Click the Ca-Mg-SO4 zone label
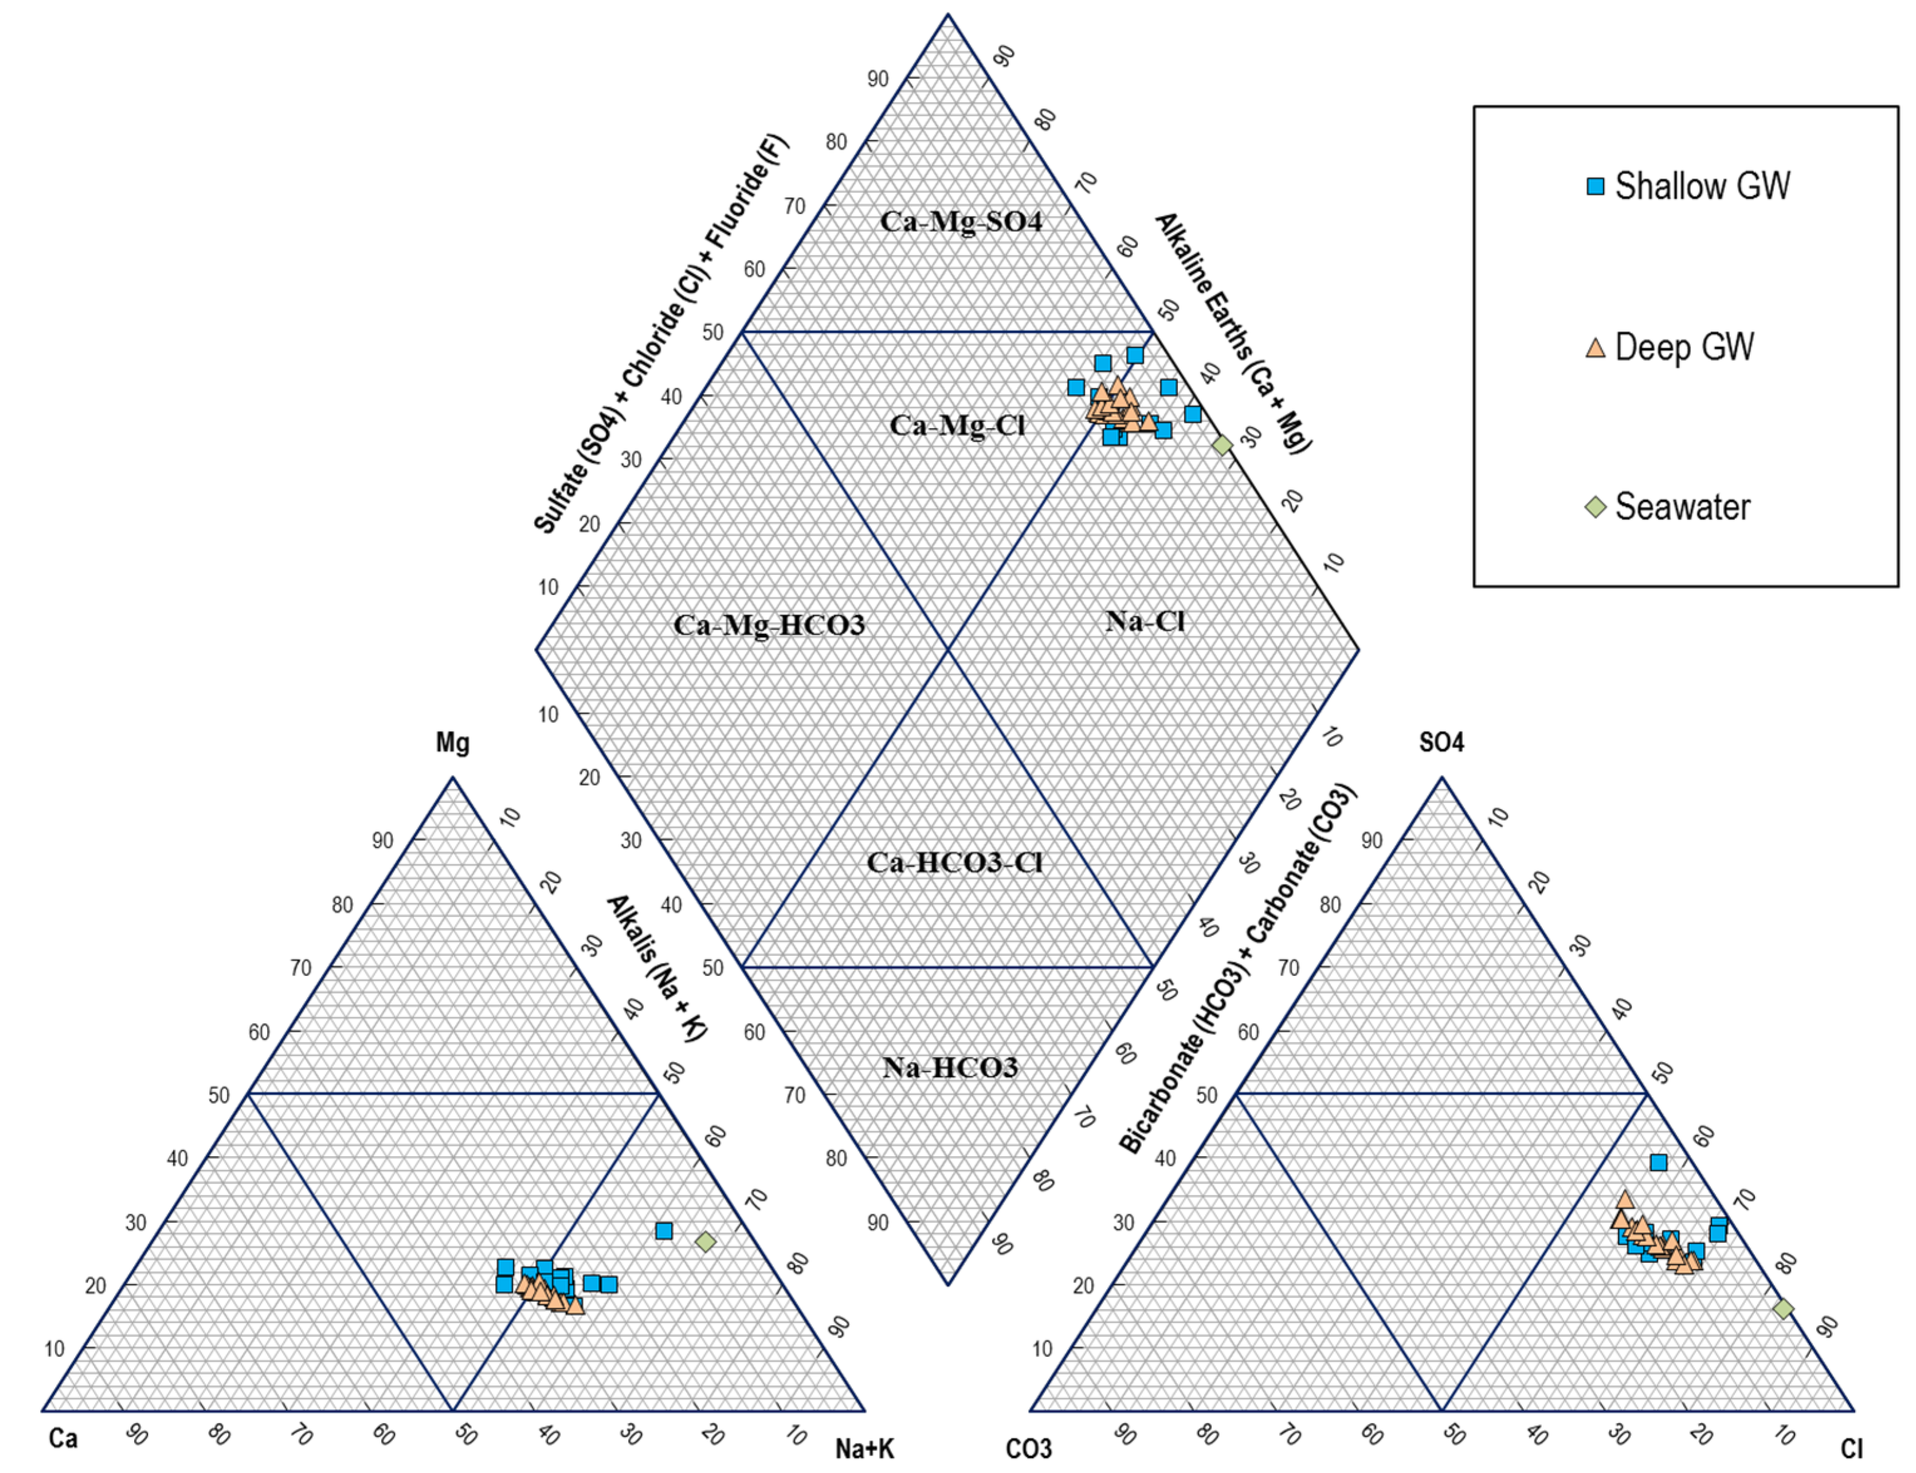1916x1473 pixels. pos(961,222)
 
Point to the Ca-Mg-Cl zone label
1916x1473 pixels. pos(957,425)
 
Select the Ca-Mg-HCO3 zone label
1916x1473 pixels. pos(769,625)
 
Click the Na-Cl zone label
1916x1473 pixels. pos(1145,622)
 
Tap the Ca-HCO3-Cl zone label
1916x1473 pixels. pos(954,863)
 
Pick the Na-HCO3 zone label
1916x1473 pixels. pos(950,1067)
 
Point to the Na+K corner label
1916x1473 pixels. pos(864,1449)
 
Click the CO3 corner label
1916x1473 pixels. pos(1028,1449)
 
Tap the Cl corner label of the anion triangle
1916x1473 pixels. pos(1851,1449)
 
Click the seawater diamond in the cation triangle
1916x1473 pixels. pos(705,1242)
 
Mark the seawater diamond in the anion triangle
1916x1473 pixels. pos(1784,1309)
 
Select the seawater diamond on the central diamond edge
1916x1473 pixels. pos(1222,445)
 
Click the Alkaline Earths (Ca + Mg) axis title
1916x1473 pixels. pos(1233,333)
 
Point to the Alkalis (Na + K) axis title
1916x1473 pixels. pos(656,968)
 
